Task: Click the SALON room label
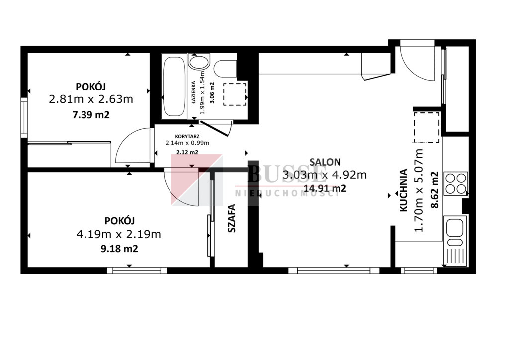(x=325, y=162)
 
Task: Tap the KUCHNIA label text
(x=403, y=190)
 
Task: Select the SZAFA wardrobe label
(x=232, y=218)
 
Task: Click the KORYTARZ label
(x=187, y=137)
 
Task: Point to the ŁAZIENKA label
(x=193, y=92)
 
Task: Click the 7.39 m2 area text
(x=91, y=115)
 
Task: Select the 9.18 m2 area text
(x=119, y=249)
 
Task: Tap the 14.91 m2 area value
(x=325, y=188)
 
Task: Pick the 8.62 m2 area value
(x=434, y=189)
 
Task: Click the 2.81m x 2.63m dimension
(x=91, y=99)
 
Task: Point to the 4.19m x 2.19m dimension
(x=118, y=234)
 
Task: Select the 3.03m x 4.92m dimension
(x=325, y=175)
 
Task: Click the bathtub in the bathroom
(x=174, y=87)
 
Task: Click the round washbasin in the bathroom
(x=199, y=63)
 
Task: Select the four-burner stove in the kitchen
(x=456, y=183)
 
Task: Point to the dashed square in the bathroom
(x=235, y=94)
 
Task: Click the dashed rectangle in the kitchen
(x=426, y=127)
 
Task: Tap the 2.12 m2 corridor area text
(x=187, y=152)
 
